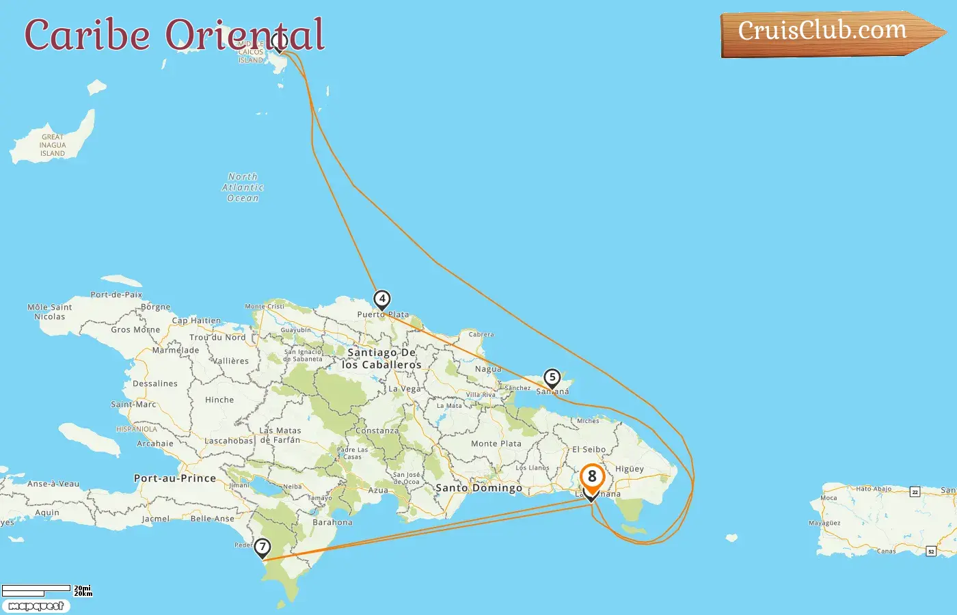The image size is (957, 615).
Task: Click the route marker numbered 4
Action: [382, 299]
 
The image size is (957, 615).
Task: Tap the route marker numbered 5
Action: [552, 378]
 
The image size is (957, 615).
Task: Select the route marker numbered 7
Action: [262, 547]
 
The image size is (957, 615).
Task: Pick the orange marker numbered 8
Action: [592, 478]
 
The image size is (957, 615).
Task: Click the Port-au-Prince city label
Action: [175, 478]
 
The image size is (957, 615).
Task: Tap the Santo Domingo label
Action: [478, 488]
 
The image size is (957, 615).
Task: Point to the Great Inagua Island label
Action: [53, 145]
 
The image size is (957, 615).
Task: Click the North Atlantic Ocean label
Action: [243, 187]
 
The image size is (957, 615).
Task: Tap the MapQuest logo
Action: [36, 606]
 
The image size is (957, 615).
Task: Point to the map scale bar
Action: [37, 590]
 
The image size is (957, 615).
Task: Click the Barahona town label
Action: [332, 522]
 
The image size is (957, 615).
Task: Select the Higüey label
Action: [630, 469]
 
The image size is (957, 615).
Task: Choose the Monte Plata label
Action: [496, 443]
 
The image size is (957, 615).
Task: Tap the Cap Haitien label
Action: [196, 320]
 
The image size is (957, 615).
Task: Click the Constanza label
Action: [377, 430]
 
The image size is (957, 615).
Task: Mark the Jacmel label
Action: [155, 519]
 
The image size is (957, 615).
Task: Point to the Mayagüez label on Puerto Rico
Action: [824, 523]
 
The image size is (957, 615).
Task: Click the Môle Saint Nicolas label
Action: [50, 312]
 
